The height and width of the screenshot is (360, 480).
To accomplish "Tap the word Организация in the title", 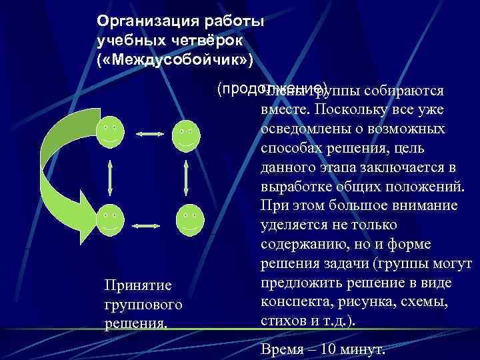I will [139, 21].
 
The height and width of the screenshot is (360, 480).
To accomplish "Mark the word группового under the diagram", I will [143, 305].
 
